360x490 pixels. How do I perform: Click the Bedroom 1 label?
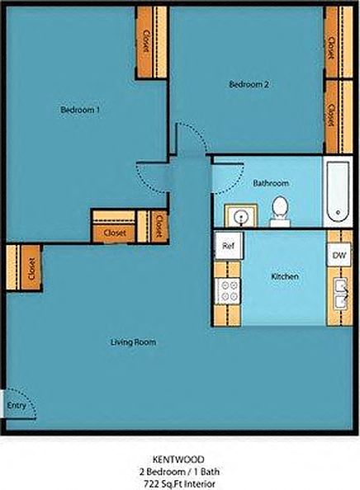(x=81, y=110)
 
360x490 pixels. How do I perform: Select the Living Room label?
(x=134, y=342)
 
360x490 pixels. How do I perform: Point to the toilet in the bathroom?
(x=280, y=212)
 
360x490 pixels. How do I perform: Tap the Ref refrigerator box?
(x=228, y=244)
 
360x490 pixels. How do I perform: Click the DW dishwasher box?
(x=339, y=257)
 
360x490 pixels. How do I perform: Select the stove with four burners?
(x=228, y=290)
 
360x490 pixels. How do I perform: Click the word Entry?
(x=16, y=406)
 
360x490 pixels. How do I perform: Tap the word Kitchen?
(x=284, y=277)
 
